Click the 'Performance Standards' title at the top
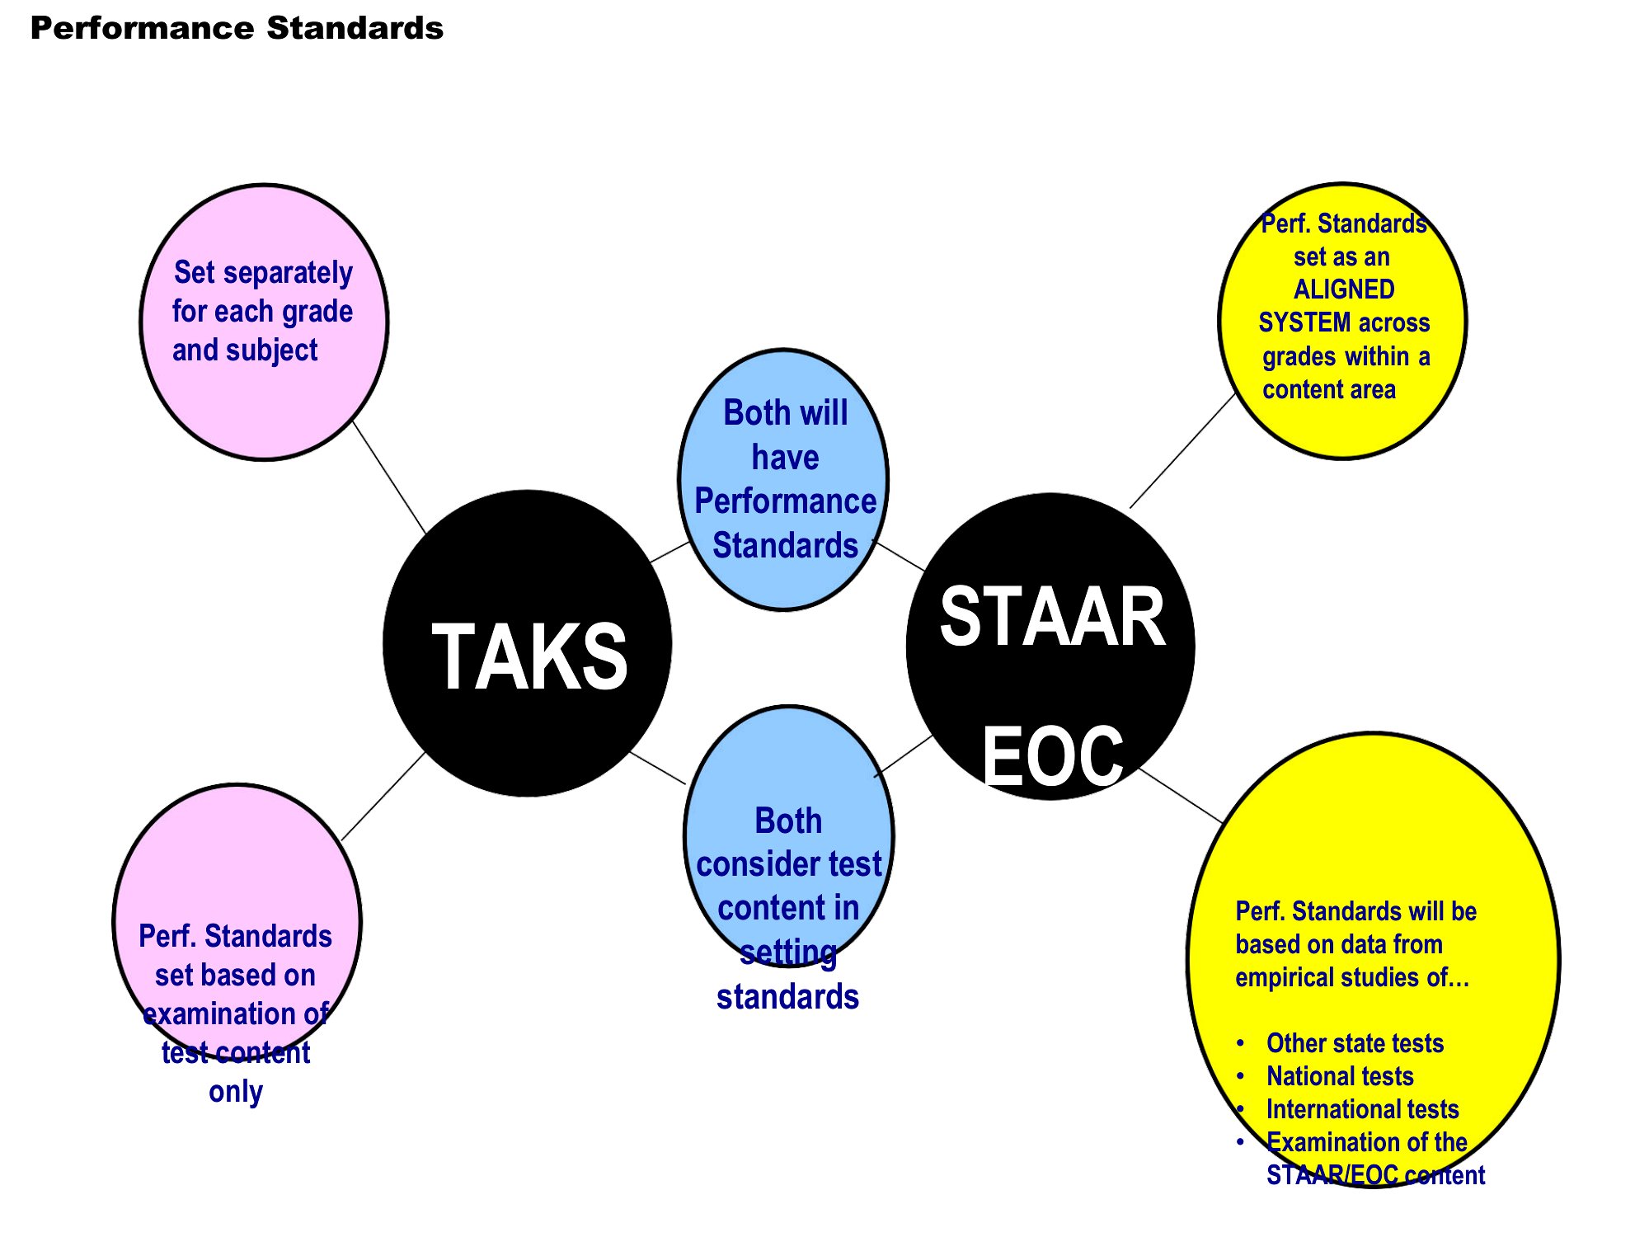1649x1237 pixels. [237, 28]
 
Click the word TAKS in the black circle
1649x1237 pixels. [529, 656]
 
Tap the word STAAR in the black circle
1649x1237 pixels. [1053, 616]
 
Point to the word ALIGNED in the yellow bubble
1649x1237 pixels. [1344, 289]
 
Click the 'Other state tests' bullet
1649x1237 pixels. [1355, 1043]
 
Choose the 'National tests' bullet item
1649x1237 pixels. [1340, 1076]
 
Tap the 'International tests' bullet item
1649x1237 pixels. [1362, 1109]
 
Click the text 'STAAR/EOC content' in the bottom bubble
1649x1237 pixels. [1375, 1175]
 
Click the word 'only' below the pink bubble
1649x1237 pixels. [236, 1092]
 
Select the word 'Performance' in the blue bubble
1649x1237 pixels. [786, 501]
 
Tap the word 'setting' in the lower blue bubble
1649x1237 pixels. [788, 952]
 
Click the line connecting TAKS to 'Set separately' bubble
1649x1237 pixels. [389, 477]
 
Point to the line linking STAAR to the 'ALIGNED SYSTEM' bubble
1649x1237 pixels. [1182, 450]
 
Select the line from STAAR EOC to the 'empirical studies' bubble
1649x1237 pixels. [1181, 795]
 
